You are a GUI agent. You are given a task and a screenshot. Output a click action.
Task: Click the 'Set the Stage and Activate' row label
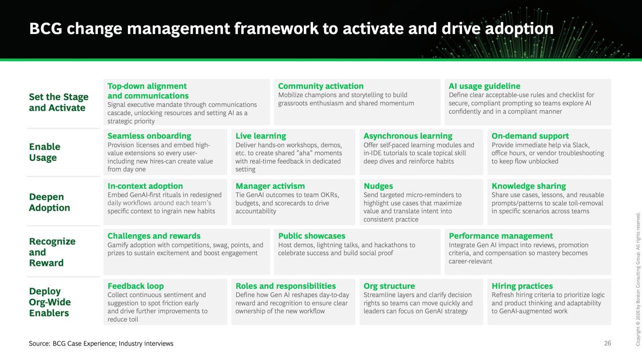pyautogui.click(x=59, y=102)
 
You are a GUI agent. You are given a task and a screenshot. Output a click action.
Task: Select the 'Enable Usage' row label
pyautogui.click(x=45, y=152)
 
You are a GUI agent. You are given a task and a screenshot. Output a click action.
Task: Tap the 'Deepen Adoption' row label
pyautogui.click(x=50, y=202)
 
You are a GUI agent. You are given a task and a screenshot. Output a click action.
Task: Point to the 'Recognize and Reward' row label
pyautogui.click(x=52, y=252)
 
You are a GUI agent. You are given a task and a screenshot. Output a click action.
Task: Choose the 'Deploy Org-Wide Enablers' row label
pyautogui.click(x=50, y=302)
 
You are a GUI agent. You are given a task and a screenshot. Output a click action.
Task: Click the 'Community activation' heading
pyautogui.click(x=320, y=86)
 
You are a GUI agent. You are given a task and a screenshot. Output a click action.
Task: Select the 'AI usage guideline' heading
pyautogui.click(x=485, y=86)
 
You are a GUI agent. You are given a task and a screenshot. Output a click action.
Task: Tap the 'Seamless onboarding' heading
pyautogui.click(x=149, y=136)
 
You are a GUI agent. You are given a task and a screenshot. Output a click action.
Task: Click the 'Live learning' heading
pyautogui.click(x=261, y=136)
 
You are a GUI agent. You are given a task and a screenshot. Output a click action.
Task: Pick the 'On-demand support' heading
pyautogui.click(x=530, y=136)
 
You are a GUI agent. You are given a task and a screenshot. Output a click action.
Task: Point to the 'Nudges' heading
pyautogui.click(x=378, y=186)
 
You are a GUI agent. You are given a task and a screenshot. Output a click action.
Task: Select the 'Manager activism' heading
pyautogui.click(x=270, y=186)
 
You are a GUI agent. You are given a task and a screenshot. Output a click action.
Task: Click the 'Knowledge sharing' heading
pyautogui.click(x=529, y=186)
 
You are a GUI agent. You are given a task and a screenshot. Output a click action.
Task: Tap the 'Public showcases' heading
pyautogui.click(x=312, y=236)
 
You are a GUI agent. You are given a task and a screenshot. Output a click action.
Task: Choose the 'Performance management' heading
pyautogui.click(x=501, y=236)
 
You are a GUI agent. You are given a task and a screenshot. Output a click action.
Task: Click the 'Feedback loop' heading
pyautogui.click(x=135, y=286)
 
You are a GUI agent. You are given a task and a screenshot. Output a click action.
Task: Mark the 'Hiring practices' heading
pyautogui.click(x=522, y=286)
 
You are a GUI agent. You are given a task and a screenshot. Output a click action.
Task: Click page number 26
pyautogui.click(x=607, y=343)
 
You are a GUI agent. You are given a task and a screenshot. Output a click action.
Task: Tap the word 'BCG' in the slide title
pyautogui.click(x=46, y=29)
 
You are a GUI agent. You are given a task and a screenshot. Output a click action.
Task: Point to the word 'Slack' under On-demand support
pyautogui.click(x=581, y=145)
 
